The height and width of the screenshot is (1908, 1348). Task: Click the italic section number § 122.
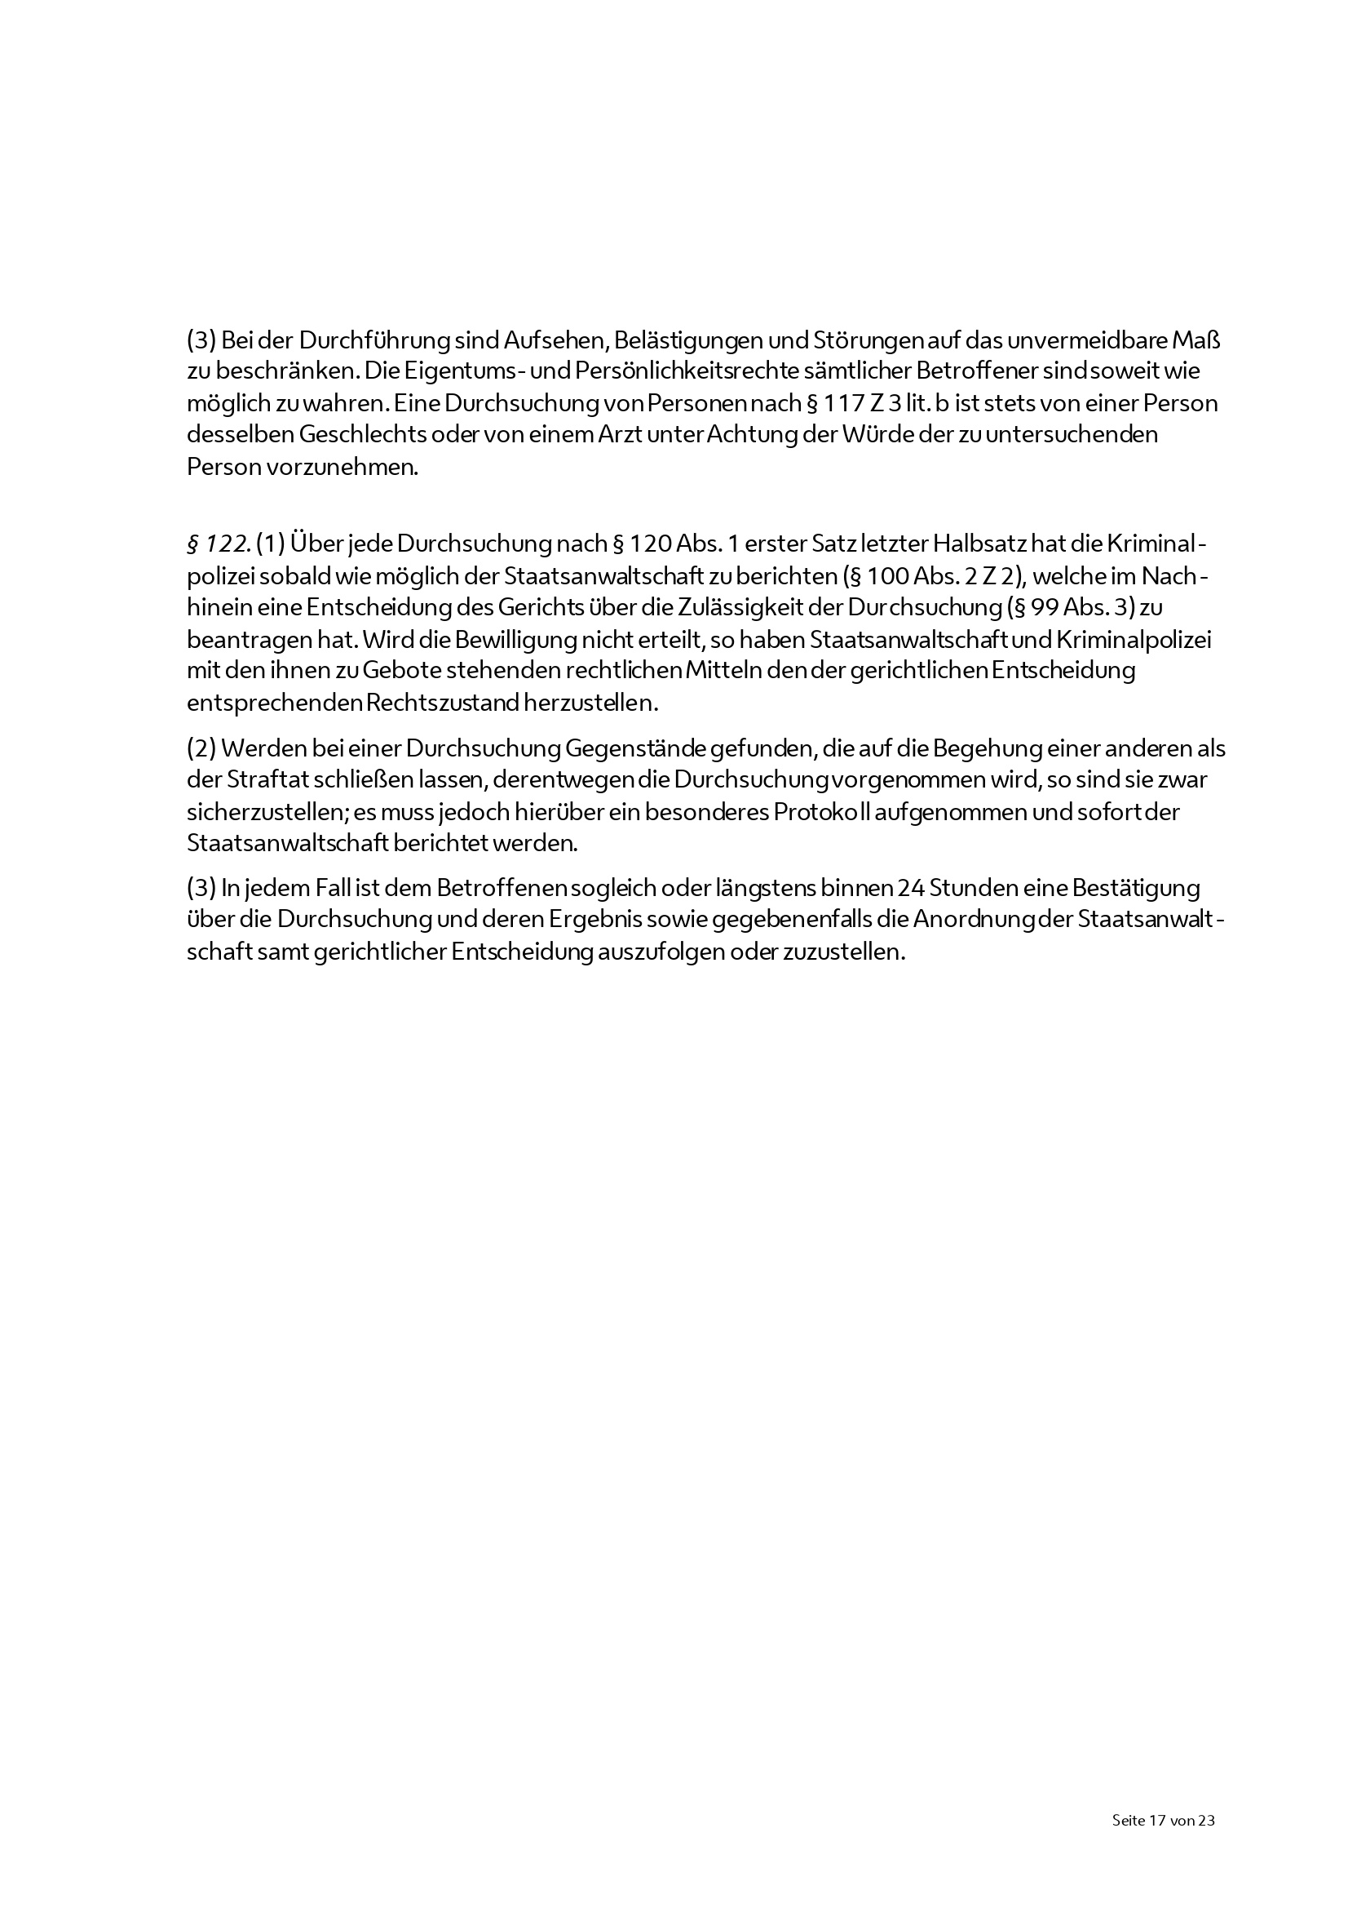pos(219,544)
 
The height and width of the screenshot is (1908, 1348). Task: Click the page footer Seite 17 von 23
pos(1163,1820)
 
